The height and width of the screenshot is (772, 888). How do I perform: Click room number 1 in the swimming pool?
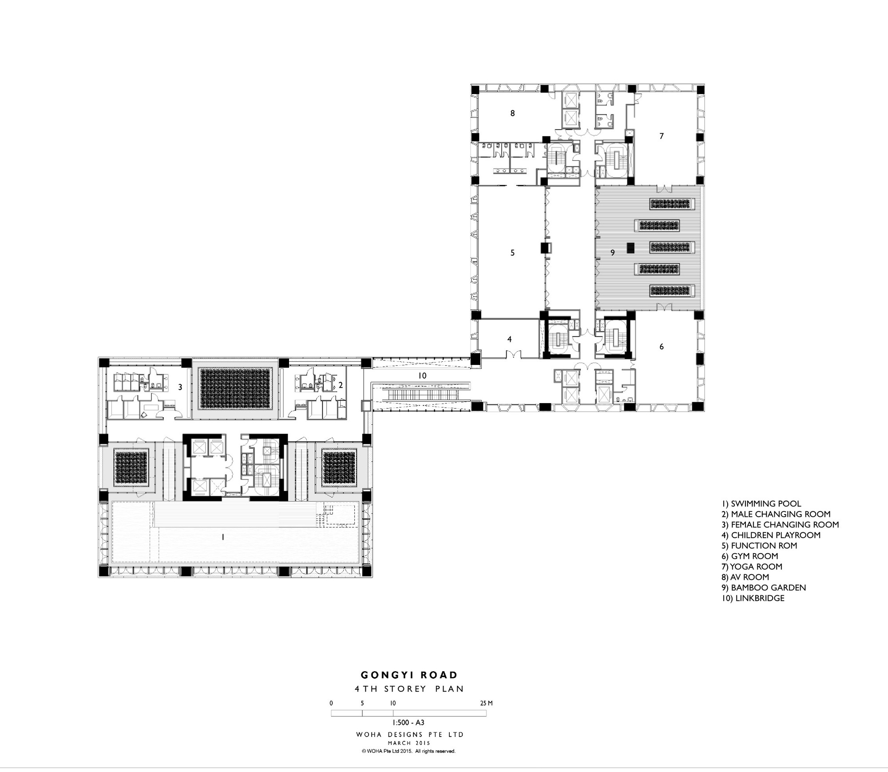click(223, 537)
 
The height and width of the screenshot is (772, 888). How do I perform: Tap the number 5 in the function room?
click(512, 253)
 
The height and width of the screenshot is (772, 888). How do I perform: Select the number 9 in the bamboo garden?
click(613, 253)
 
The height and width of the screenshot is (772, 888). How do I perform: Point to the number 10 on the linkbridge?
click(422, 376)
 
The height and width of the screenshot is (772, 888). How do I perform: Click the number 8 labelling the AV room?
click(512, 113)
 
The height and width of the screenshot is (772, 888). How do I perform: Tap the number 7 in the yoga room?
click(662, 136)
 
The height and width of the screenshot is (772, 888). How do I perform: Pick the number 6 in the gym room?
click(662, 346)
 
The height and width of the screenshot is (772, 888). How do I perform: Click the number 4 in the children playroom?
click(510, 339)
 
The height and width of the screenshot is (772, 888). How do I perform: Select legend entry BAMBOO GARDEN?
click(764, 587)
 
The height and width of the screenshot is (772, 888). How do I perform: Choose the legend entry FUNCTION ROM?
click(759, 546)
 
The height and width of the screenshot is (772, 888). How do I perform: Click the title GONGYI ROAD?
click(409, 675)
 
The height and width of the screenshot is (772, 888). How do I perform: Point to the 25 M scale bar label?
click(486, 703)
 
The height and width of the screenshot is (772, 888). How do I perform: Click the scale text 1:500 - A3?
click(408, 723)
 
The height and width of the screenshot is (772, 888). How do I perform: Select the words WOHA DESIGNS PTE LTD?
click(409, 735)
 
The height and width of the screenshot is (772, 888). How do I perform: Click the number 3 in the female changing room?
click(180, 387)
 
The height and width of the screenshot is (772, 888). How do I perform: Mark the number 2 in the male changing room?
click(341, 385)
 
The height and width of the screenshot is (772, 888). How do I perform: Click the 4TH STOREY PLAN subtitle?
click(409, 689)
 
